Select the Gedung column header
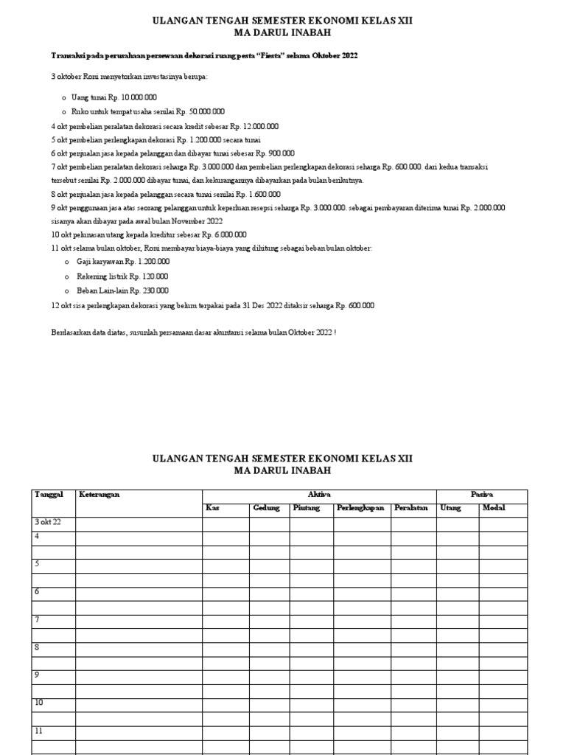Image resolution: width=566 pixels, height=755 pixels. coord(266,508)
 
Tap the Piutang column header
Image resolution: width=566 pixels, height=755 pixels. coord(307,508)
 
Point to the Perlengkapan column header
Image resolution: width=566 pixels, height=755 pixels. coord(361,508)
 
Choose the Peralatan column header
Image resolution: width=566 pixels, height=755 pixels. coord(411,508)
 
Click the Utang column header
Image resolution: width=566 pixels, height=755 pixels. coord(450,508)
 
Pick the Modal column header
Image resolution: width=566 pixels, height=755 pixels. coord(492,508)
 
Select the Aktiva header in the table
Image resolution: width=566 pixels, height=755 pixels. coord(319,494)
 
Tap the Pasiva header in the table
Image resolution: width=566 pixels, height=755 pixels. coord(482,494)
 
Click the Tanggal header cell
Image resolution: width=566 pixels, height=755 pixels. coord(49,494)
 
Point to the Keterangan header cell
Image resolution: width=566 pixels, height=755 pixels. coord(99,494)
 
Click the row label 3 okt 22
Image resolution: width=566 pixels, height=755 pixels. coord(48,523)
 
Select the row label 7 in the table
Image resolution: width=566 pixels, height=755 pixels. coord(37,620)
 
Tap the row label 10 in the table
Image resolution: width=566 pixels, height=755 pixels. coord(39,703)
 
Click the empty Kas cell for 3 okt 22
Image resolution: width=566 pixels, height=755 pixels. coord(226,523)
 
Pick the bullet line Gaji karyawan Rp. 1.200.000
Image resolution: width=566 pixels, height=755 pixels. coord(122,262)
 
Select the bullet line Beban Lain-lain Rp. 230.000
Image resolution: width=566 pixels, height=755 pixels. coord(122,290)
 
